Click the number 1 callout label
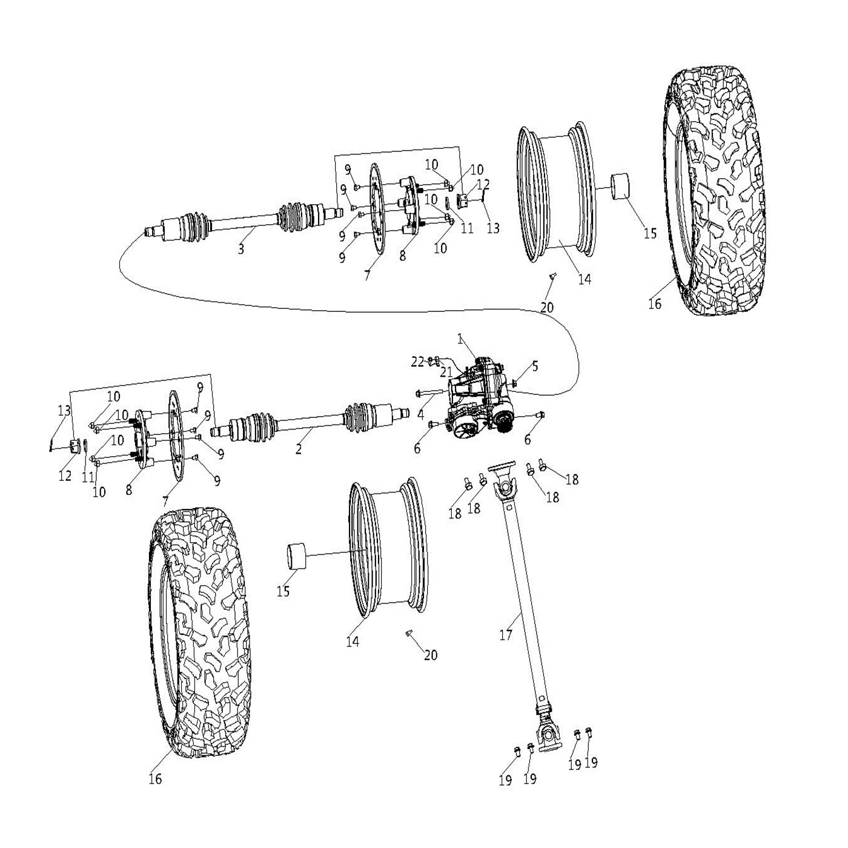[460, 339]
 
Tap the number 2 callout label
[299, 449]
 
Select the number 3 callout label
[241, 249]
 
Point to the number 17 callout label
[506, 635]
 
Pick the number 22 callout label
[417, 362]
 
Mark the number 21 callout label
[446, 371]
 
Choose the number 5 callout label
[535, 366]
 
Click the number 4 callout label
[420, 416]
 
